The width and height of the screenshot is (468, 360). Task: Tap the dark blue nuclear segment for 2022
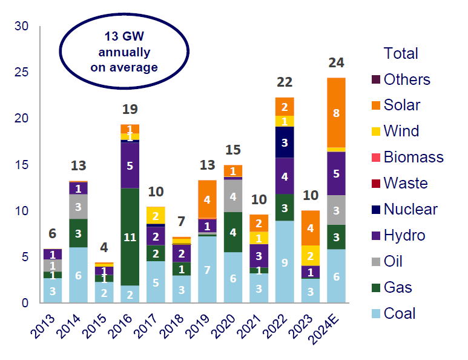pyautogui.click(x=285, y=142)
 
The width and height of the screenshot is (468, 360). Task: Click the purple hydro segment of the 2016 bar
pyautogui.click(x=129, y=164)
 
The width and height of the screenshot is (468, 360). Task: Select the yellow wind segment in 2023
pyautogui.click(x=311, y=255)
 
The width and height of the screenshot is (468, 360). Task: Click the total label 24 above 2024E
pyautogui.click(x=337, y=62)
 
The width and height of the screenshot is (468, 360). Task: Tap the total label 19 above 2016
pyautogui.click(x=130, y=109)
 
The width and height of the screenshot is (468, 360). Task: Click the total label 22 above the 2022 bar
pyautogui.click(x=285, y=82)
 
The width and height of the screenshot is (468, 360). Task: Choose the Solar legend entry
pyautogui.click(x=401, y=105)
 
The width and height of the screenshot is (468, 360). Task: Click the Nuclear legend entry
pyautogui.click(x=410, y=210)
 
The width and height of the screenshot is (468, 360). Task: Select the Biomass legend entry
pyautogui.click(x=413, y=158)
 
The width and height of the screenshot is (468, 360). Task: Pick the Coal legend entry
pyautogui.click(x=399, y=313)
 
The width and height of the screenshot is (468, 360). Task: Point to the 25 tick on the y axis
pyautogui.click(x=22, y=73)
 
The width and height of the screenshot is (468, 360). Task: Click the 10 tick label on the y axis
pyautogui.click(x=22, y=212)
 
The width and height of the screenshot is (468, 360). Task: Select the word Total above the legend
pyautogui.click(x=400, y=53)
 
